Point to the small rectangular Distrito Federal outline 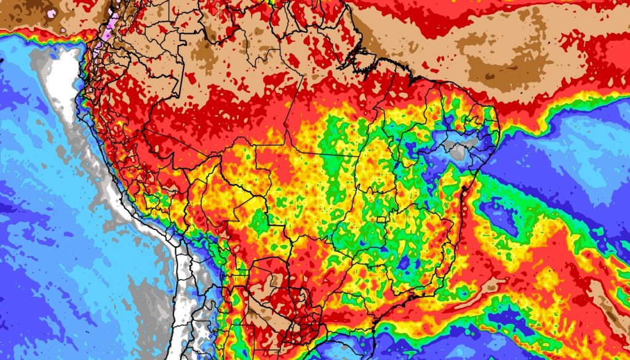[x=381, y=218]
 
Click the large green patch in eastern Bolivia [x=258, y=222]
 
